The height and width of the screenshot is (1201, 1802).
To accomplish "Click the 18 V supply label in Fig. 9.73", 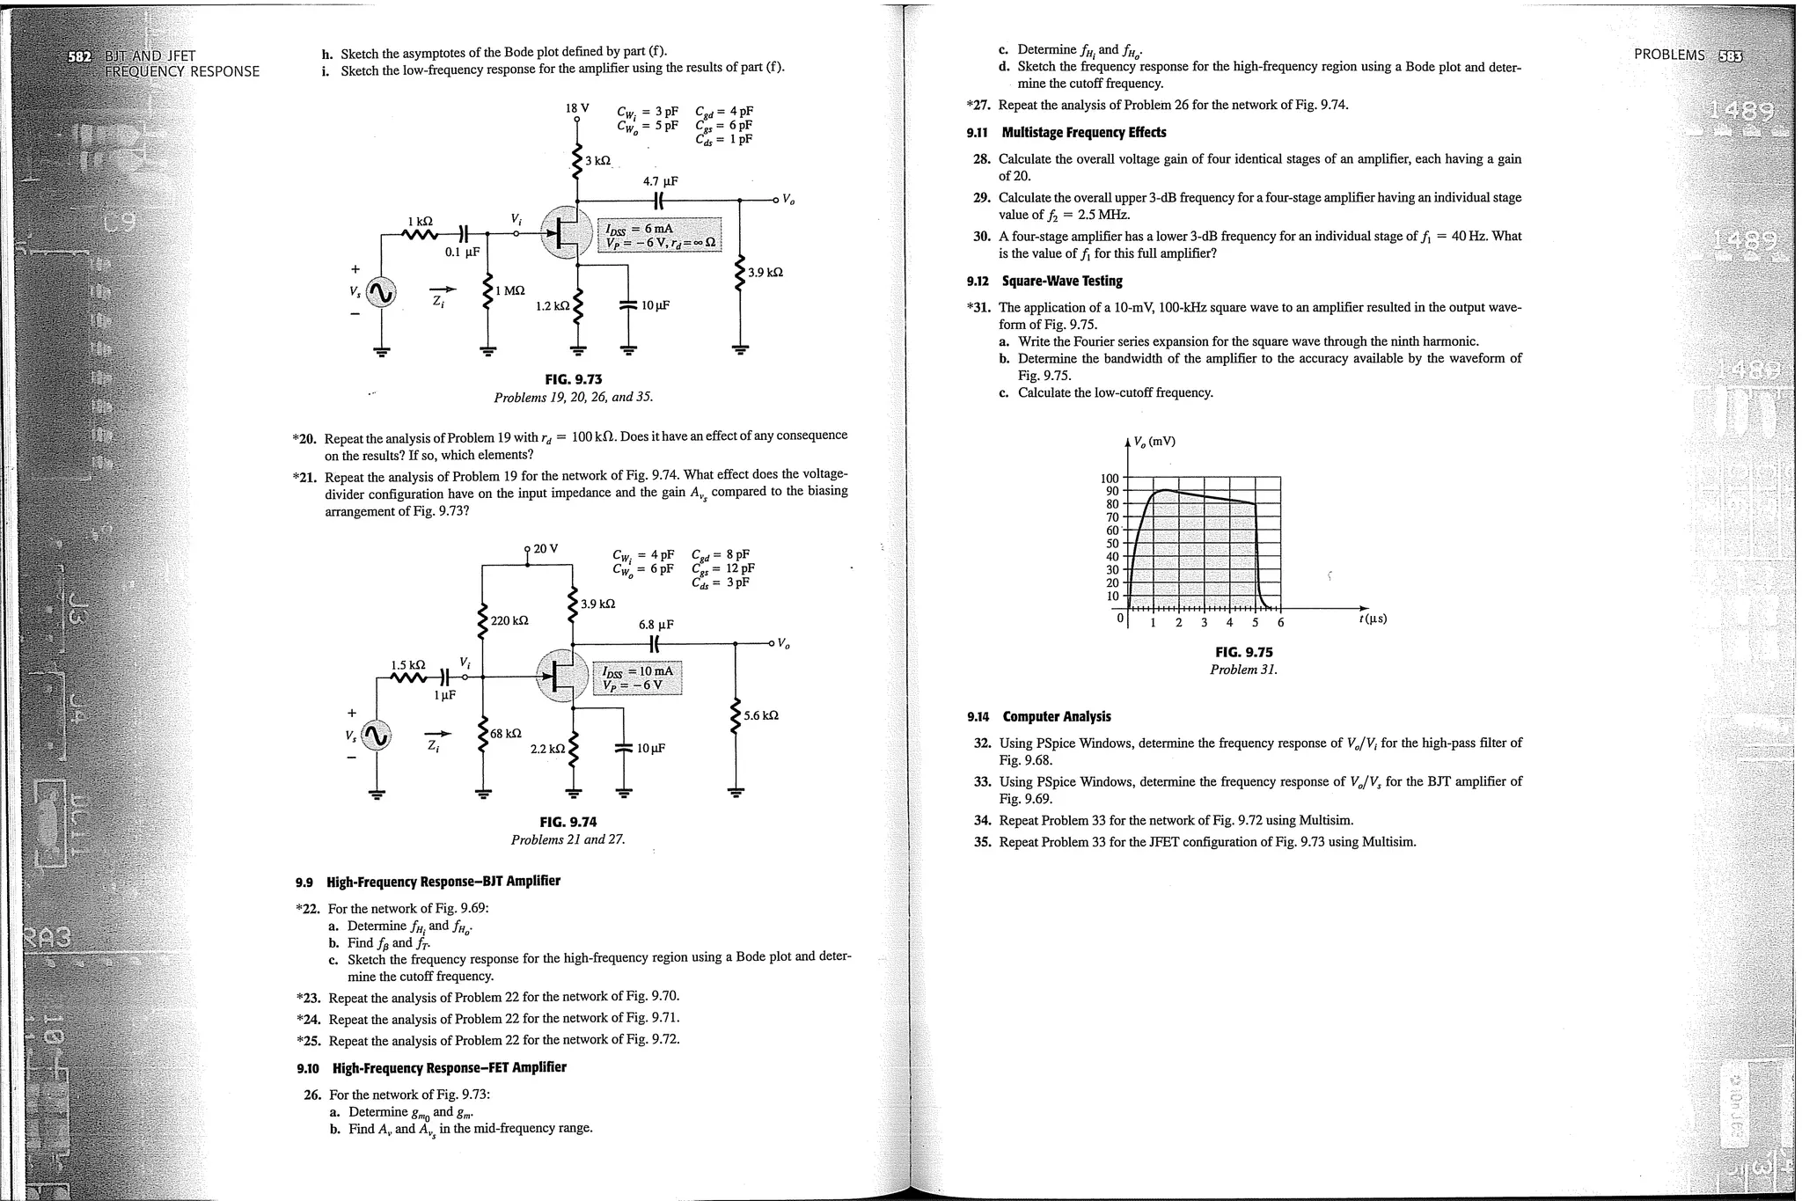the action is pyautogui.click(x=576, y=108).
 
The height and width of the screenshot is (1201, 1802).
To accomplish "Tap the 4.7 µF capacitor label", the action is pyautogui.click(x=660, y=181).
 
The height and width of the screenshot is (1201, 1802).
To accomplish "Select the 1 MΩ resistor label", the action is pyautogui.click(x=509, y=290).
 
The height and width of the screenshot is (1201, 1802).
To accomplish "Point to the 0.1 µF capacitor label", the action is pyautogui.click(x=462, y=252).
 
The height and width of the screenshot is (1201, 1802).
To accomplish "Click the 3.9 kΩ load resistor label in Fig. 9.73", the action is pyautogui.click(x=765, y=273).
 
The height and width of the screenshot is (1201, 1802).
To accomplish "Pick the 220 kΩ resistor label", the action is pyautogui.click(x=509, y=620).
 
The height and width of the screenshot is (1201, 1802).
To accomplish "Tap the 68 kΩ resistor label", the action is pyautogui.click(x=506, y=733).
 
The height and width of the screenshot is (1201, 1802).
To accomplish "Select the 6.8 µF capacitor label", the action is pyautogui.click(x=656, y=624).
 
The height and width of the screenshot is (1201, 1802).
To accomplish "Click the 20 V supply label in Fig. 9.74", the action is pyautogui.click(x=545, y=548).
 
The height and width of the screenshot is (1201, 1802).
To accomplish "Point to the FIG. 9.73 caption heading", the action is pyautogui.click(x=573, y=379).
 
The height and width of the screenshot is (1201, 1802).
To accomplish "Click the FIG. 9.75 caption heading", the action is pyautogui.click(x=1243, y=652).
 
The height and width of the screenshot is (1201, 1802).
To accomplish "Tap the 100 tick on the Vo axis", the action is pyautogui.click(x=1110, y=479).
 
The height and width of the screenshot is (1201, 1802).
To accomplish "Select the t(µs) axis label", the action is pyautogui.click(x=1373, y=619).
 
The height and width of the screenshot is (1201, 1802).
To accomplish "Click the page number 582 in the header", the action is pyautogui.click(x=84, y=56).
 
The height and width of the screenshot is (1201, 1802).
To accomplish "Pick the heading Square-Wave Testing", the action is pyautogui.click(x=1062, y=282).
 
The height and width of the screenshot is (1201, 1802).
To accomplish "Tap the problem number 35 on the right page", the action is pyautogui.click(x=982, y=842).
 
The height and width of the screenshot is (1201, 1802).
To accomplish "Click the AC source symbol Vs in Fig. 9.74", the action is pyautogui.click(x=377, y=736).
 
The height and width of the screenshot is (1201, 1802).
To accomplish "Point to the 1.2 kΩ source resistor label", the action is pyautogui.click(x=552, y=306).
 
